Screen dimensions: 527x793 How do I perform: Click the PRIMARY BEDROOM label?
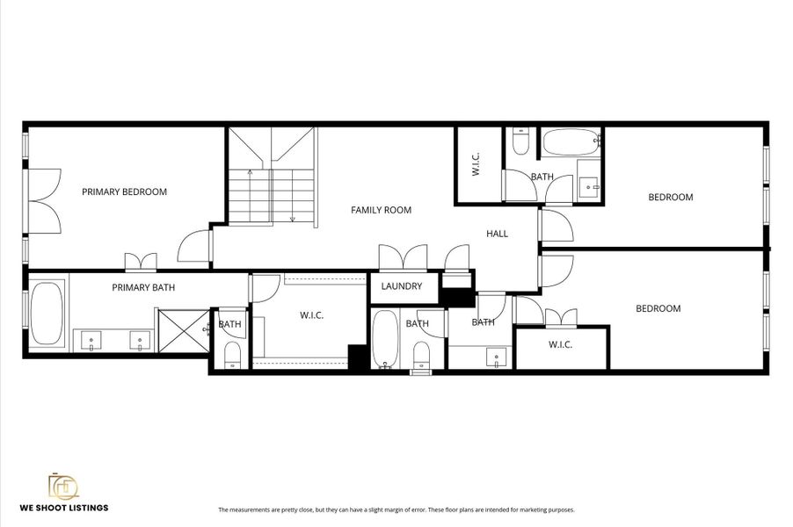pos(124,191)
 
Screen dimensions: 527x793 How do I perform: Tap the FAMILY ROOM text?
pos(381,210)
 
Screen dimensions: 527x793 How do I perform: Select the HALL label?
pos(498,234)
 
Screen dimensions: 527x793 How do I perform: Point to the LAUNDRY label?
pos(401,286)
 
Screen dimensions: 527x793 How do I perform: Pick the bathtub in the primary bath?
pos(46,314)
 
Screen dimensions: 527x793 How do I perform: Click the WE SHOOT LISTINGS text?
pos(64,507)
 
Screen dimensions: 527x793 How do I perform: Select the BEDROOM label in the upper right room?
pos(670,197)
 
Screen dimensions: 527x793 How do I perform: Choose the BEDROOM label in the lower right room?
pos(658,308)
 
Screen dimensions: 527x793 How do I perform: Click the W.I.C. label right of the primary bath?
pos(312,315)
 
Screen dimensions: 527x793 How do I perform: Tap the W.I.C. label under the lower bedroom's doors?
pos(560,344)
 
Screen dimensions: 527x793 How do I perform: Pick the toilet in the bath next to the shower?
pos(232,353)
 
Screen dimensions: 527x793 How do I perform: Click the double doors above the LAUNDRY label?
pos(402,258)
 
